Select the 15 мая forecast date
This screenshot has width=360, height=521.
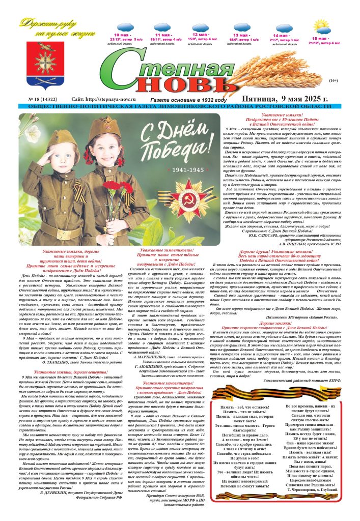point(320,39)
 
